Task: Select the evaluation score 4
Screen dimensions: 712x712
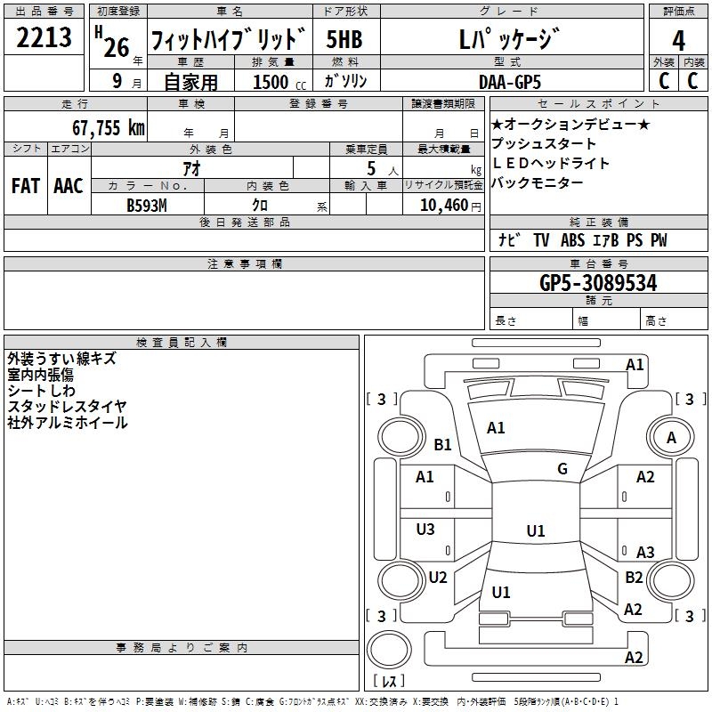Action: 679,41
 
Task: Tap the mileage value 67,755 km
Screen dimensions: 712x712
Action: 109,127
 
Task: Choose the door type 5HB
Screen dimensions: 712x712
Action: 344,40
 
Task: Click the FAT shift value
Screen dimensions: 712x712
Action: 25,185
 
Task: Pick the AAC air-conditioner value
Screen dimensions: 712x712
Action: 69,185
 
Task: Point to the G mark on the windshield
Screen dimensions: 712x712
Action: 562,469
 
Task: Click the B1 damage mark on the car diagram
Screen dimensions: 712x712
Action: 442,444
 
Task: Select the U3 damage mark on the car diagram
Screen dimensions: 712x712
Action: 425,530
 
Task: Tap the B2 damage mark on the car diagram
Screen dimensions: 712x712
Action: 634,578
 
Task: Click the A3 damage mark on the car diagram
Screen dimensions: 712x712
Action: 645,552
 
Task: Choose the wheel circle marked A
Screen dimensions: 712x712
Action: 671,437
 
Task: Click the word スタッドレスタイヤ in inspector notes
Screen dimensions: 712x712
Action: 67,407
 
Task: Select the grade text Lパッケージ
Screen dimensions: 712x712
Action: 509,40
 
